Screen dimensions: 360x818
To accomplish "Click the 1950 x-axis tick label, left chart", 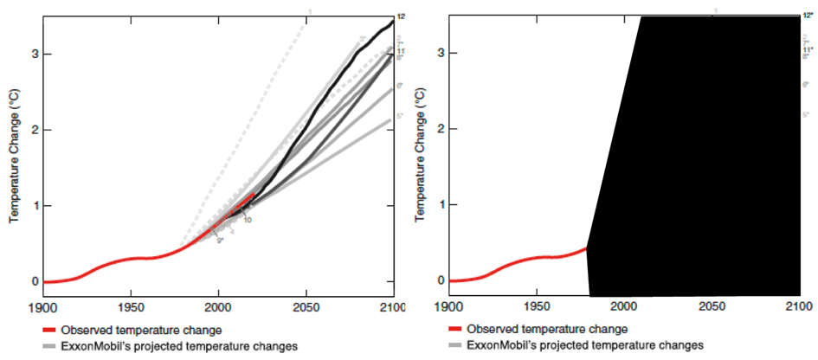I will [131, 307].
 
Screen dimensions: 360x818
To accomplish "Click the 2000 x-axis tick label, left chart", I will [218, 307].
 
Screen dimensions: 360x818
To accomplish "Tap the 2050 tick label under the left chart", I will [306, 307].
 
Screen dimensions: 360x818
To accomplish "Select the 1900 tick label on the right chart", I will [448, 306].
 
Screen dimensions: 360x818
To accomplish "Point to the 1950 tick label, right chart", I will [536, 306].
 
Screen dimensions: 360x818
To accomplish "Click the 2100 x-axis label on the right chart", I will [798, 306].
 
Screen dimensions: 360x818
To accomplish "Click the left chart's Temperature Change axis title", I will [15, 161].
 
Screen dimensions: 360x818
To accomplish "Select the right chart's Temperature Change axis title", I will [419, 161].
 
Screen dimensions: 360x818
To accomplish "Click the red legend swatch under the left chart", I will [52, 330].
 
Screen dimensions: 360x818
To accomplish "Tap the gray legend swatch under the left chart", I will [52, 346].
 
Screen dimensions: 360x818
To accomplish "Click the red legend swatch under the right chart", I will [457, 329].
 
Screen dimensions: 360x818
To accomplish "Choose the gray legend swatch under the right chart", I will [457, 345].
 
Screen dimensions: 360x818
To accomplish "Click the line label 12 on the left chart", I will [401, 16].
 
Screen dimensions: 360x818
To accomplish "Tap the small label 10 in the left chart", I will [247, 220].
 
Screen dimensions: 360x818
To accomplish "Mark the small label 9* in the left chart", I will [220, 241].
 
